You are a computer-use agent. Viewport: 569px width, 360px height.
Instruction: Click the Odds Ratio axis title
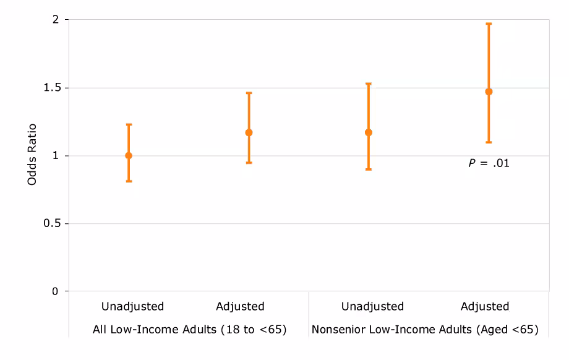click(32, 155)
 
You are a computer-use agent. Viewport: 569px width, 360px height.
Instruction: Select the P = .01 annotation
click(489, 165)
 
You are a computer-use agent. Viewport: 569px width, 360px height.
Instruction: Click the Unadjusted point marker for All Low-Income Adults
click(129, 155)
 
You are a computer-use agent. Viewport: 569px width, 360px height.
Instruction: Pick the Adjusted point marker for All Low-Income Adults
click(249, 132)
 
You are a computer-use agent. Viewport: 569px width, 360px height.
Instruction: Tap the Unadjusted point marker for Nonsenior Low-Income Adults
click(369, 132)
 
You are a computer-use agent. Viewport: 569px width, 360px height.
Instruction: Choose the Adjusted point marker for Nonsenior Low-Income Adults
click(489, 92)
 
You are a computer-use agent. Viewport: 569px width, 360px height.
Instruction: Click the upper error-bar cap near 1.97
click(489, 24)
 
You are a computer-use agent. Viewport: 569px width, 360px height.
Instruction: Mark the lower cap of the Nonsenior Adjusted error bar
click(489, 142)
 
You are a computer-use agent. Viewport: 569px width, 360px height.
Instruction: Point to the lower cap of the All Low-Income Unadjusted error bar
click(129, 181)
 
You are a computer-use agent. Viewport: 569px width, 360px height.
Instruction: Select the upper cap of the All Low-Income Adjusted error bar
click(249, 93)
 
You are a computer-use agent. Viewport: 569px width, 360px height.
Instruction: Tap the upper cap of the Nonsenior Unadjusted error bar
click(369, 84)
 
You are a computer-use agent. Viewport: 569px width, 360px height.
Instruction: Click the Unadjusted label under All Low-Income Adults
click(132, 306)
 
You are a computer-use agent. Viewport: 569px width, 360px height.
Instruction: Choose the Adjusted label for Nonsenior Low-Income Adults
click(485, 306)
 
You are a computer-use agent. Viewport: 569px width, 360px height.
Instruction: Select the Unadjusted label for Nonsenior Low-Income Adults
click(372, 306)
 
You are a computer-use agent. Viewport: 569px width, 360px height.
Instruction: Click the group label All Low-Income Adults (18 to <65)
click(189, 330)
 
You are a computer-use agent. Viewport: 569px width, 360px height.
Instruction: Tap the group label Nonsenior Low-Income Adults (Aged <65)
click(425, 330)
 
